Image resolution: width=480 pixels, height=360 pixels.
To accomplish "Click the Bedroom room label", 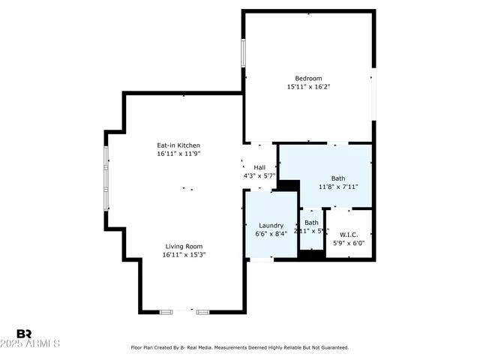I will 308,78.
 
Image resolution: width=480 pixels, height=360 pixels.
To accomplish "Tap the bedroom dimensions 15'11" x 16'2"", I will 308,87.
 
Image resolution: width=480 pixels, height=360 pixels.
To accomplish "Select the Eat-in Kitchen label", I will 178,145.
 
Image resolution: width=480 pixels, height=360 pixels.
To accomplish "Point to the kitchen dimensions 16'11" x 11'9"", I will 178,154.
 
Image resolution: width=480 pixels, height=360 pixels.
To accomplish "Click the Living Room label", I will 184,246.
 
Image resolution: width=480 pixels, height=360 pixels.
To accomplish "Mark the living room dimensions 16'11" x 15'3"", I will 184,255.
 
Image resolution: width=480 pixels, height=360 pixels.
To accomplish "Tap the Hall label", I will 259,167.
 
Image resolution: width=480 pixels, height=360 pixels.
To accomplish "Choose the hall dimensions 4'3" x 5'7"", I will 259,176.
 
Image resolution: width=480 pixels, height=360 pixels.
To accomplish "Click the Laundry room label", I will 271,225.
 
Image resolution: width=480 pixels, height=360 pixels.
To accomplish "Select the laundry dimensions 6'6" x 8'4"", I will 271,234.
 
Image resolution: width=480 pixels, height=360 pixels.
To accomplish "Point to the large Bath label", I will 338,178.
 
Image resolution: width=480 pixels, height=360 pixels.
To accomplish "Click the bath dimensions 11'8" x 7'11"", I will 338,187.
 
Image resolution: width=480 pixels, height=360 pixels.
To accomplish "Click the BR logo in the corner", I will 24,333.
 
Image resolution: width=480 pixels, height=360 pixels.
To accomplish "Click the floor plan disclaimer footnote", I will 240,347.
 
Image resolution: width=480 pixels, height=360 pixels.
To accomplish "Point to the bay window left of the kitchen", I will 106,178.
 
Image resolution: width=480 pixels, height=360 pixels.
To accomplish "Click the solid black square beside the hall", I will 289,186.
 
